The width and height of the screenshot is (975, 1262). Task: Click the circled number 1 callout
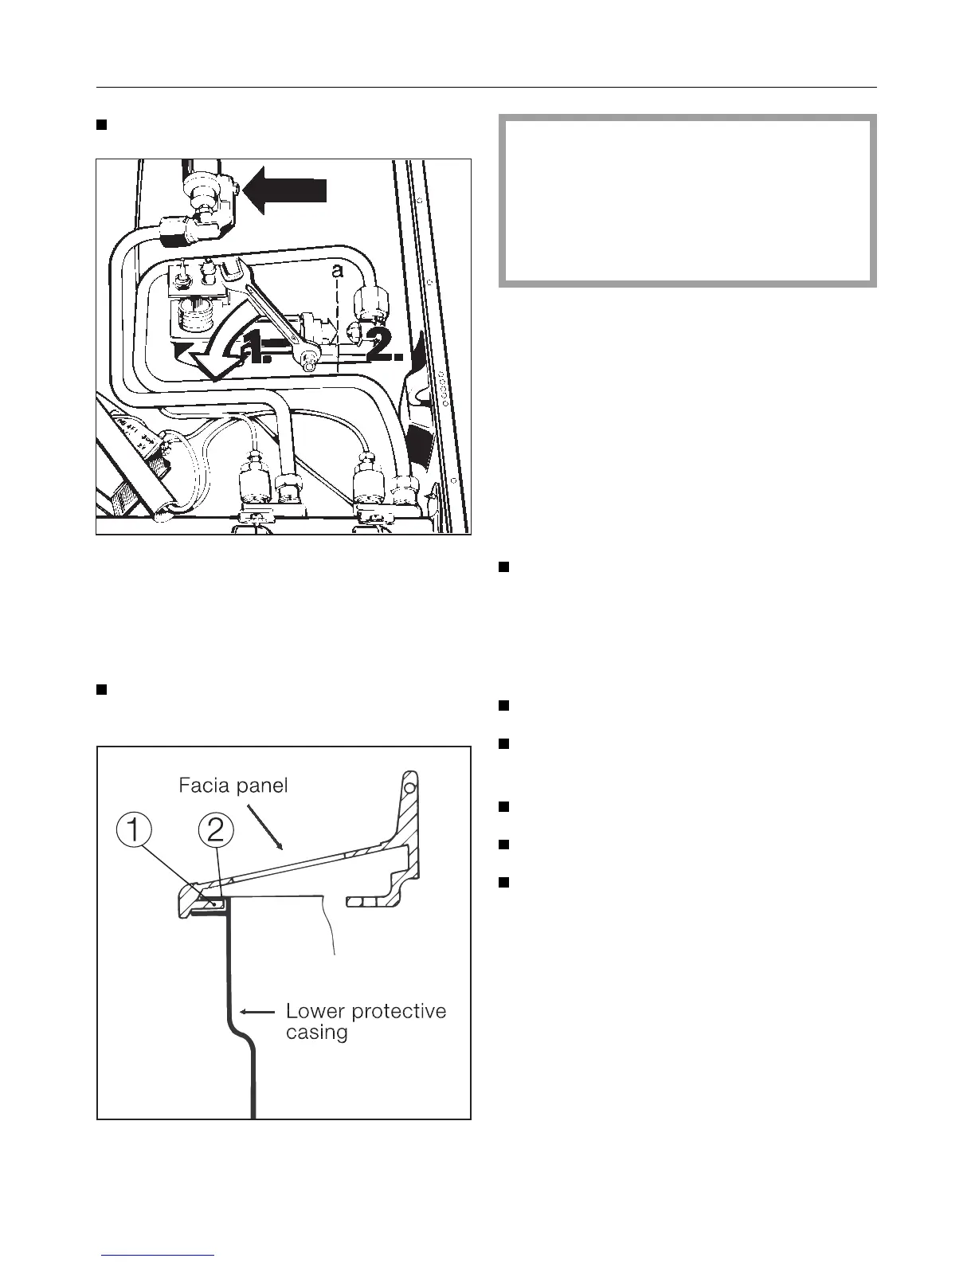134,833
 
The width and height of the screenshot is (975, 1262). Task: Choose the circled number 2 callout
216,833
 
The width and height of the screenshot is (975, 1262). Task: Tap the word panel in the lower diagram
259,786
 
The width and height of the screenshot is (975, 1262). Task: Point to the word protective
399,1012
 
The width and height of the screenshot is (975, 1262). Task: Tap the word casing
317,1033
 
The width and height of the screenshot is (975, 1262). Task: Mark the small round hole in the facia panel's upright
409,788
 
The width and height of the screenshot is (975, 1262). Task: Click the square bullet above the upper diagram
101,124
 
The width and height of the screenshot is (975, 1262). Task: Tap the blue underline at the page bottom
159,1256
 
